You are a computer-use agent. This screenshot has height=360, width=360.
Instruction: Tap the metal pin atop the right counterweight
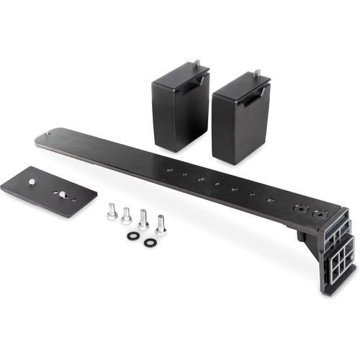coord(256,73)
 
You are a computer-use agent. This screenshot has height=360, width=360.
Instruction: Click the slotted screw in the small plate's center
coord(63,194)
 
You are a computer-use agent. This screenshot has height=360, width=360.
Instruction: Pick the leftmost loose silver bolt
coord(112,212)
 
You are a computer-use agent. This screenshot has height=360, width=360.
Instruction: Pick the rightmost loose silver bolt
coord(161,225)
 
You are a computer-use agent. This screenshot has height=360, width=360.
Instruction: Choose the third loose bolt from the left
coord(143,220)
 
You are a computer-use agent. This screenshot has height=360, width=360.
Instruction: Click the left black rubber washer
coord(133,236)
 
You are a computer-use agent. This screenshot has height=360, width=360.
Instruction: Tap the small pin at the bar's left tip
coord(48,133)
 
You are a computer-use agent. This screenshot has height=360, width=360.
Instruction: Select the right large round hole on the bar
coord(320,215)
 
